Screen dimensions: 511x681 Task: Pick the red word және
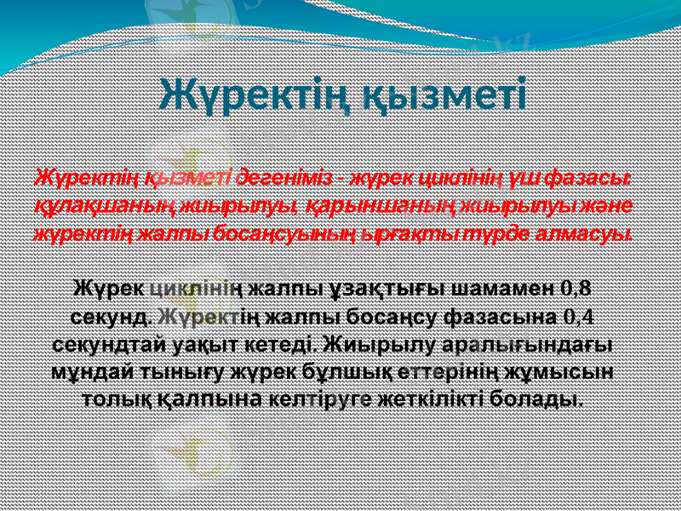(x=626, y=206)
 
